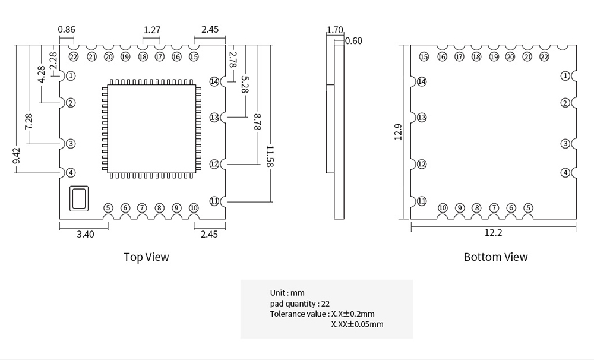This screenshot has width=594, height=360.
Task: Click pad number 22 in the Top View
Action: click(73, 57)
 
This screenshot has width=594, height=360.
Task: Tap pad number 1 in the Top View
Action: click(71, 76)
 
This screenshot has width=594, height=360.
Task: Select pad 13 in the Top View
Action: click(214, 118)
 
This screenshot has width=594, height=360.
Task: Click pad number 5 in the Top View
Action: click(108, 208)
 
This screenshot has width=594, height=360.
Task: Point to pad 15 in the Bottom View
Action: click(424, 57)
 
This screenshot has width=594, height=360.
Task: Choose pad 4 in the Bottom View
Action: click(565, 173)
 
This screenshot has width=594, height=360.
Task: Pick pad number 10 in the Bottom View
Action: click(443, 208)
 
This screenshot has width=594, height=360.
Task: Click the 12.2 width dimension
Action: click(493, 233)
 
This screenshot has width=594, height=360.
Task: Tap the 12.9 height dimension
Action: click(399, 132)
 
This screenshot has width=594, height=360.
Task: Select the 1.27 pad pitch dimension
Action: click(152, 30)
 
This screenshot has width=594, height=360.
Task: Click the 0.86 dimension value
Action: click(67, 29)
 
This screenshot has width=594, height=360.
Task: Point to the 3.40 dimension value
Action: click(86, 234)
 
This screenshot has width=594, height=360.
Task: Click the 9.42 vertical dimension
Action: click(17, 156)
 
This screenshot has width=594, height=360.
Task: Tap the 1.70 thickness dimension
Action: click(335, 30)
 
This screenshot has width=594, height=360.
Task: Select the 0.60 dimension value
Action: click(353, 41)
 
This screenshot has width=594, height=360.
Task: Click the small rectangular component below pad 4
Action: click(78, 198)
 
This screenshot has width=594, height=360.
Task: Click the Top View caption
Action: click(146, 257)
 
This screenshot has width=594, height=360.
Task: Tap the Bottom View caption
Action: click(495, 257)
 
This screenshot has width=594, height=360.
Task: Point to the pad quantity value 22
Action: click(326, 304)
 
